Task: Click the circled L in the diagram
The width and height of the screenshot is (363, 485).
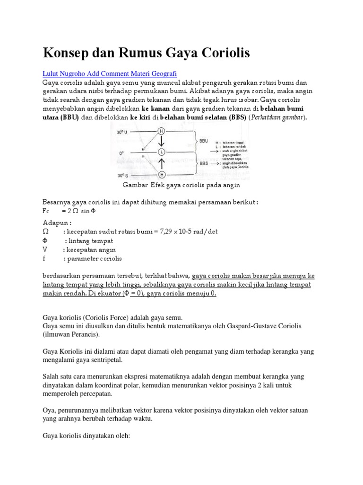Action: (161, 152)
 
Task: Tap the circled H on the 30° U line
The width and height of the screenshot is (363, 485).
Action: (161, 131)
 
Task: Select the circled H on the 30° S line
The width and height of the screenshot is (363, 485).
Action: (161, 175)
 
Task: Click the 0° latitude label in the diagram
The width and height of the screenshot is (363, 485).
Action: (121, 153)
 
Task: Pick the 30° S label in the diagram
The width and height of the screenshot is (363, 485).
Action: (124, 176)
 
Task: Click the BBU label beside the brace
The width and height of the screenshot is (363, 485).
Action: (204, 141)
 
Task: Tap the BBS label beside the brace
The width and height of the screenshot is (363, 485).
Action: (204, 163)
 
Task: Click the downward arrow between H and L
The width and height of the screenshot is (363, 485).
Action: (161, 141)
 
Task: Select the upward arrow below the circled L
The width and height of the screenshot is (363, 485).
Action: (161, 164)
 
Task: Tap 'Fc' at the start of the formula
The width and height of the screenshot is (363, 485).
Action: (46, 211)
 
